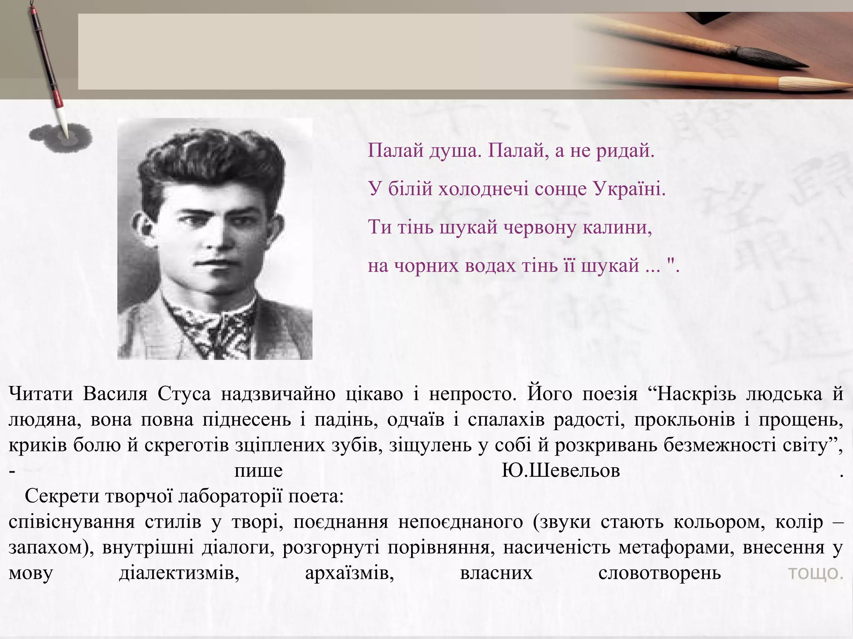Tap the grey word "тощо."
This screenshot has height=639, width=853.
pyautogui.click(x=815, y=573)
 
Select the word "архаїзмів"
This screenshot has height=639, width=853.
pyautogui.click(x=349, y=573)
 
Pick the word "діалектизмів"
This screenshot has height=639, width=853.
pyautogui.click(x=179, y=573)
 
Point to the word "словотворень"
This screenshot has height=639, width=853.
pyautogui.click(x=659, y=573)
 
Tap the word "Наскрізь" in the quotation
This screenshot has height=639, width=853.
pyautogui.click(x=692, y=394)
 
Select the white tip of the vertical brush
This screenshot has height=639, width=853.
pyautogui.click(x=64, y=119)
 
